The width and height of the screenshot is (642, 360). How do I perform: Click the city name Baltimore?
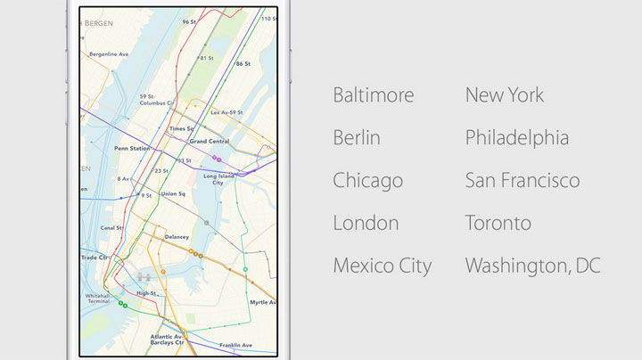click(x=374, y=95)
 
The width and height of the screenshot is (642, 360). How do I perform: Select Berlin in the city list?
click(x=357, y=138)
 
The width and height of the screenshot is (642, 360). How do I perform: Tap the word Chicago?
click(x=367, y=181)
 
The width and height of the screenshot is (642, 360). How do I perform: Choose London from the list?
click(x=366, y=223)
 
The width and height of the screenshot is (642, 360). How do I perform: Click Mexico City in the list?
click(x=382, y=266)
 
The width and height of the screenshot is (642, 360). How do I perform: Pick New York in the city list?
click(x=504, y=95)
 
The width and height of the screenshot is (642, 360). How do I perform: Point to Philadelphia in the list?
click(x=516, y=138)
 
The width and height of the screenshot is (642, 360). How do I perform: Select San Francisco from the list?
click(x=522, y=181)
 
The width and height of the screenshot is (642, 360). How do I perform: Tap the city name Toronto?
click(x=498, y=223)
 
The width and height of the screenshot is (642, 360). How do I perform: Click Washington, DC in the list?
click(x=532, y=266)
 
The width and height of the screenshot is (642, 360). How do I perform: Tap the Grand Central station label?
click(x=210, y=142)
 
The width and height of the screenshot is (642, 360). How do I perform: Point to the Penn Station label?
click(x=132, y=148)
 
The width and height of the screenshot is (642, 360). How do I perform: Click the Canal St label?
click(x=111, y=227)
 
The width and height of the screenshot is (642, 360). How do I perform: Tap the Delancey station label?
click(x=177, y=237)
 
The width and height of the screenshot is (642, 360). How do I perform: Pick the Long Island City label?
click(x=218, y=179)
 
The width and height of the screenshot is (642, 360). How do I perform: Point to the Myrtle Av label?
click(x=264, y=302)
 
